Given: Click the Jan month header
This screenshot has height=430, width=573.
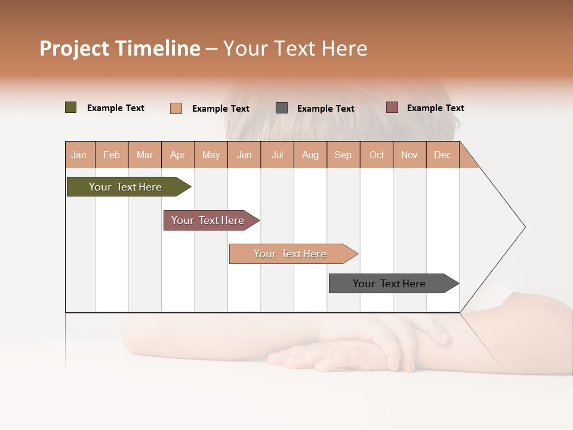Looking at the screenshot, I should coord(79,155).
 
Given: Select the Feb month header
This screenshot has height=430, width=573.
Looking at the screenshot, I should coord(112,155).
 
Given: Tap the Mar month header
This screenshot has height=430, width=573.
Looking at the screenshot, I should coord(144,155).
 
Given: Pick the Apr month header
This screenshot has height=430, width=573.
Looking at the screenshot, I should coord(178,155).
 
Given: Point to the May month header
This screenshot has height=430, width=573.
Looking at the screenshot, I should coord(211,155).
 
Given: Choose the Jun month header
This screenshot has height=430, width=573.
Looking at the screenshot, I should coord(244,155).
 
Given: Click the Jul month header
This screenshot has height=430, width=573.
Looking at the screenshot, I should coord(277,155).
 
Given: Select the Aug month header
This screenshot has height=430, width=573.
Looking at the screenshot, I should coord(310,155).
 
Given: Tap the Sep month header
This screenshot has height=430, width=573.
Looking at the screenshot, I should coord(343,155).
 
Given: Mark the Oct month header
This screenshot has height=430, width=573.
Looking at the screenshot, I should coord(377,155).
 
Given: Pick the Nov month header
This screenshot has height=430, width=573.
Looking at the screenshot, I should coord(409,155).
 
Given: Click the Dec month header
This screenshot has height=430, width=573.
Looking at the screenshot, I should coord(442,155).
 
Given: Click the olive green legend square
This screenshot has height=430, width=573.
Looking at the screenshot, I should coord(71,107).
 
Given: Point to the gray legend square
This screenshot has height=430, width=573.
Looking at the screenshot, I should coord(282,108).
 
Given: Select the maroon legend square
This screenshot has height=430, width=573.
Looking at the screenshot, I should coord(392,107).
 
